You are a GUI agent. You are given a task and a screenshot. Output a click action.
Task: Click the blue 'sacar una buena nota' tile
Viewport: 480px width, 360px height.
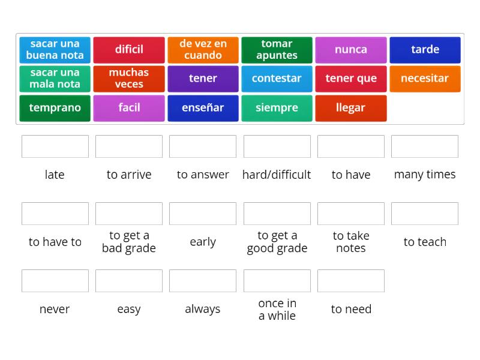tap(55, 50)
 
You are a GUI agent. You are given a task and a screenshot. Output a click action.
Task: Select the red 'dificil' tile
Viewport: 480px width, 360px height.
tap(129, 50)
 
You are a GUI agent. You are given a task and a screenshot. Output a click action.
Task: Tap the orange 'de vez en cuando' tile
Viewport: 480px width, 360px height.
tap(203, 50)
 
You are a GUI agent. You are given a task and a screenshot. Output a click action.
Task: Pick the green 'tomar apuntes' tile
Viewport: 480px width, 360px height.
tap(277, 50)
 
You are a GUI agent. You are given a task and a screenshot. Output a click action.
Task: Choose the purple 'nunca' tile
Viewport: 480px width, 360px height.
tap(351, 50)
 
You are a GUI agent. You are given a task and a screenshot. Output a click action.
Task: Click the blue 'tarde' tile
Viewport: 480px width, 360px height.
tap(425, 50)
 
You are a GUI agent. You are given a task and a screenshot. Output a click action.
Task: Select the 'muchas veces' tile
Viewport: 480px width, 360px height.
tap(129, 79)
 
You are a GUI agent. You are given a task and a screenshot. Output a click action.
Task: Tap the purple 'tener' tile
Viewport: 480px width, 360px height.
tap(203, 79)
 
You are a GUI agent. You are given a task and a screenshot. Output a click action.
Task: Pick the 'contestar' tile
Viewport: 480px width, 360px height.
tap(277, 79)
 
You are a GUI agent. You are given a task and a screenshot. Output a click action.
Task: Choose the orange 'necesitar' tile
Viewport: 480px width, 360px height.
tap(425, 79)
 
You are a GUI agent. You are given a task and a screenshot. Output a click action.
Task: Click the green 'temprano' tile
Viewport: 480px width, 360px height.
tap(55, 108)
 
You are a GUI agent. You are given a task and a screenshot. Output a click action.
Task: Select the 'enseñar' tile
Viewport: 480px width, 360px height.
tap(203, 108)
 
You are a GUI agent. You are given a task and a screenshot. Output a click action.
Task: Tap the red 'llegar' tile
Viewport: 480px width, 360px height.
tap(351, 108)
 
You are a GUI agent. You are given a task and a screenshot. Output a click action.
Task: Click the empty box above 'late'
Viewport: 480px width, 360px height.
tap(55, 146)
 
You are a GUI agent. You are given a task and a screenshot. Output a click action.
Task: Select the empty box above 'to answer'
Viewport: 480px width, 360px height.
tap(203, 146)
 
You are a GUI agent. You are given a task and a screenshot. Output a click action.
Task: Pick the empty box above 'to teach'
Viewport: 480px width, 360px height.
tap(425, 214)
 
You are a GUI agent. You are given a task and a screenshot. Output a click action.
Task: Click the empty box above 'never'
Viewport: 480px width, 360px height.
tap(55, 281)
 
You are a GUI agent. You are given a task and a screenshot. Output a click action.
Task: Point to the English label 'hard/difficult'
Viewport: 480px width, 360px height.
tap(277, 175)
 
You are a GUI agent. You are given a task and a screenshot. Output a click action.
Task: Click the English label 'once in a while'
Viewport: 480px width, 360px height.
tap(277, 309)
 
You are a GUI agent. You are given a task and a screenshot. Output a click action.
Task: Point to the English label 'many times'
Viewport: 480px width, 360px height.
tap(425, 175)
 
